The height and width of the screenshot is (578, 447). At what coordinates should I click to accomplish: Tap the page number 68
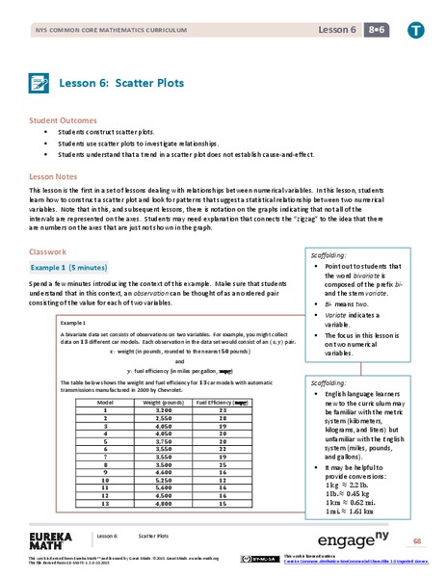[417, 541]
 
